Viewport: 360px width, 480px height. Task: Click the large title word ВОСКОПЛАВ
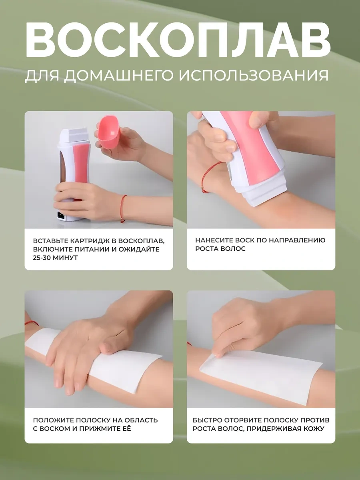[178, 40]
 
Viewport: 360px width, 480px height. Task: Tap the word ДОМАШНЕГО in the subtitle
[119, 76]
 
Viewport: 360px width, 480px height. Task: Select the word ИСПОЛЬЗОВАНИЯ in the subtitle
[254, 76]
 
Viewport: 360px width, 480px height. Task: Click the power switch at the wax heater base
[61, 215]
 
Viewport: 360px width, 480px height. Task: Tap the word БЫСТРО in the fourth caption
[207, 420]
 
